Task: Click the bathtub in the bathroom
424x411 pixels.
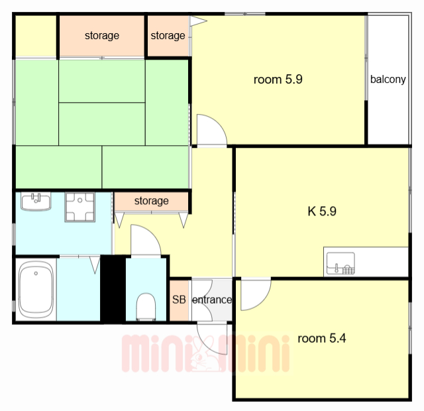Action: point(36,289)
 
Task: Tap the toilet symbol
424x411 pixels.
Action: point(146,307)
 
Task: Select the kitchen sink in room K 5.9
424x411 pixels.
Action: point(341,263)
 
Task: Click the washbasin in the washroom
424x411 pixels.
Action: point(36,202)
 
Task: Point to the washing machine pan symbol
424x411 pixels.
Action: point(79,207)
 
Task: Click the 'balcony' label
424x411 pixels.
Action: point(388,80)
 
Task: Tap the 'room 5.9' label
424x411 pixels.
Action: point(278,80)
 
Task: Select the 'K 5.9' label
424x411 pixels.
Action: point(322,211)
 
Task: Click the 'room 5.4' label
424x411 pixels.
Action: point(321,338)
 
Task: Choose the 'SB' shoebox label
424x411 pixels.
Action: point(179,300)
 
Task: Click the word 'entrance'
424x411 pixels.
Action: point(212,300)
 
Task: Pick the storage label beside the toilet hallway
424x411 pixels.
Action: point(152,201)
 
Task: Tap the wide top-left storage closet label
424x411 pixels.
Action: point(102,35)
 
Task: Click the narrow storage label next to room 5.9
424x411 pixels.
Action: point(168,35)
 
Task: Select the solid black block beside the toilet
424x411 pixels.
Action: point(113,289)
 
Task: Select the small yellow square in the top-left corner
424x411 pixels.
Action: point(36,36)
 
